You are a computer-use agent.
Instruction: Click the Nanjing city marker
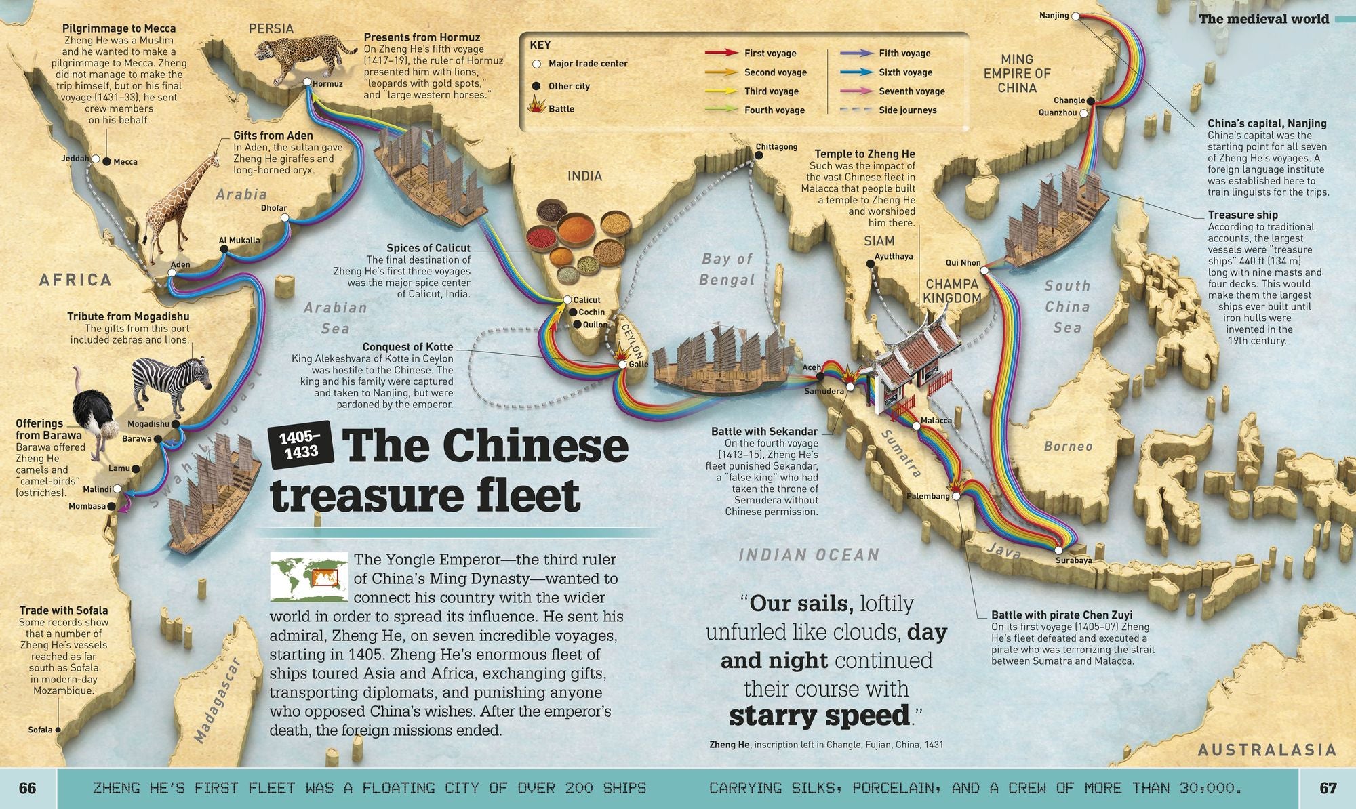(1075, 16)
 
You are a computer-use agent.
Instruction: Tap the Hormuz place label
(327, 84)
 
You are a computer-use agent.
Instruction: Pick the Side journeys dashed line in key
(856, 110)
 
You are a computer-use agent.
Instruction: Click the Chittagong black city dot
(759, 156)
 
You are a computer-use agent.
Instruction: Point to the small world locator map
(309, 577)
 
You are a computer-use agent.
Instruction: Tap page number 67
(1328, 788)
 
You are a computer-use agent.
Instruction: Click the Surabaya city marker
(1058, 550)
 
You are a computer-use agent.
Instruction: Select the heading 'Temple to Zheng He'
(864, 154)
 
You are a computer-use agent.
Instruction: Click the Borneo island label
(1068, 446)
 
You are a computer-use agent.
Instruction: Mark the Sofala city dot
(58, 730)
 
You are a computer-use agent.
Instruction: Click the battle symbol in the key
(536, 108)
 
